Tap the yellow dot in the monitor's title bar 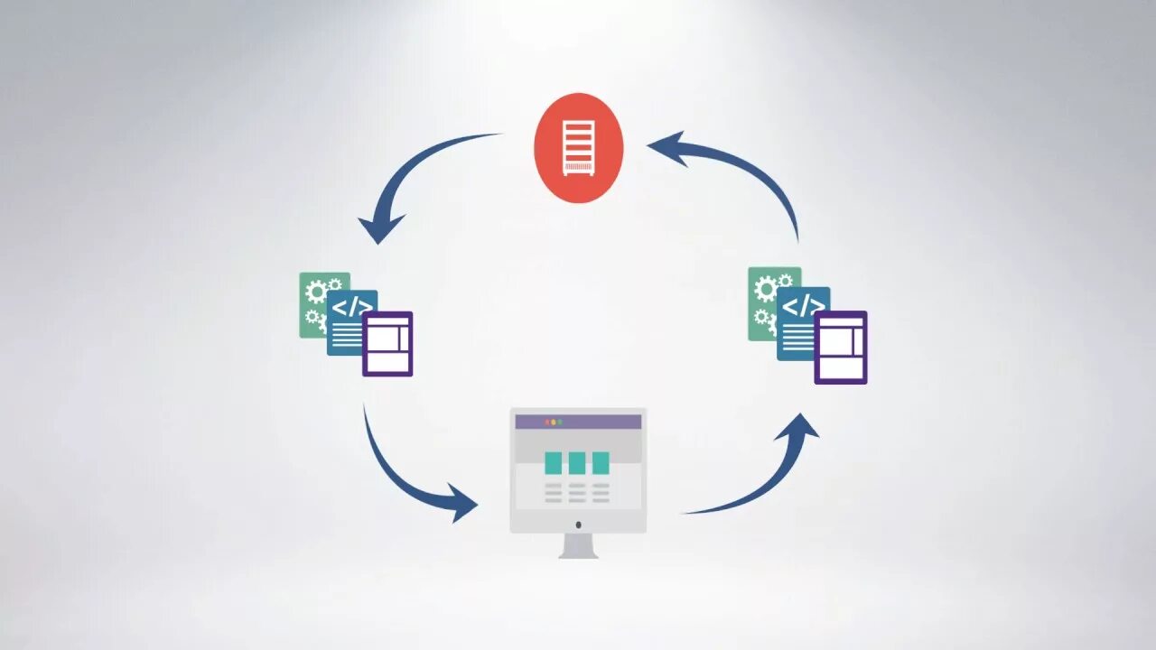pos(553,422)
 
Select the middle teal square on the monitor pos(577,463)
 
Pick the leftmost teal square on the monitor pos(554,463)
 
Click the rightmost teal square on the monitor pos(601,463)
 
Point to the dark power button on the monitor pos(578,525)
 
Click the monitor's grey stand pos(578,546)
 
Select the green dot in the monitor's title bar pos(560,422)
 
